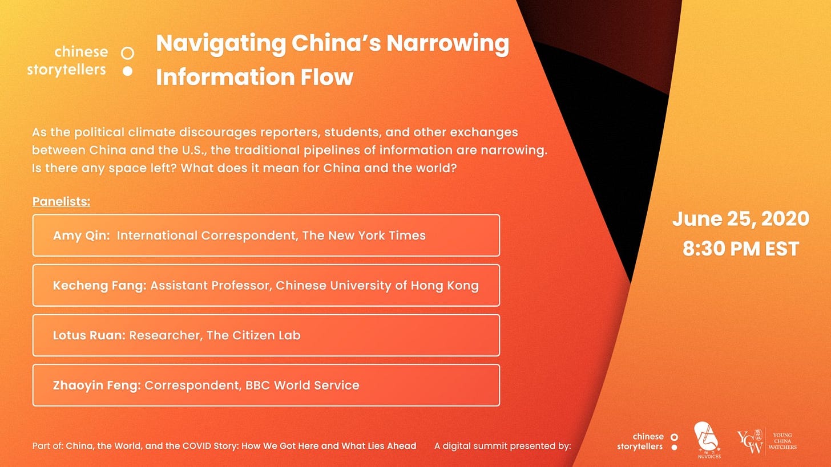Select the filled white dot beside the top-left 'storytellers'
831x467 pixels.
127,71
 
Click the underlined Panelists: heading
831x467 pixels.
61,202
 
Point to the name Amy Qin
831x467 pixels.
81,235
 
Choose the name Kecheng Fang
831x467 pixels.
100,286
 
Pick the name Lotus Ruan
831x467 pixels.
90,335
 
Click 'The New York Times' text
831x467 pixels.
364,235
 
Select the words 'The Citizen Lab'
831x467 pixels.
253,335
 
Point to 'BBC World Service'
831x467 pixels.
302,385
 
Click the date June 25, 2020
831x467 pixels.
741,219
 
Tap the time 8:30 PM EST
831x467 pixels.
741,249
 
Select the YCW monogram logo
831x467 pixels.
749,441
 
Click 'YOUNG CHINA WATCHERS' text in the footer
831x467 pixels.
782,441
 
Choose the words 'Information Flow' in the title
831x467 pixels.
255,77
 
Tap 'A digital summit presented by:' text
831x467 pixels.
503,446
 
